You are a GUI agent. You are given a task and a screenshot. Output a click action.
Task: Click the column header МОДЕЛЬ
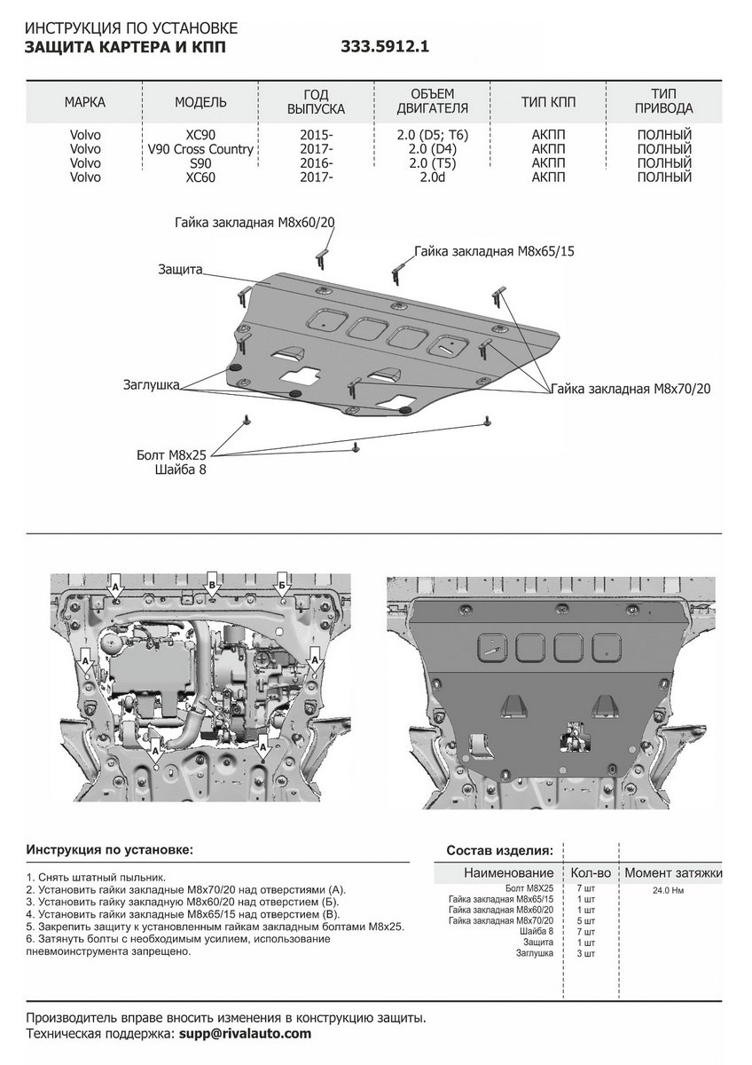[200, 102]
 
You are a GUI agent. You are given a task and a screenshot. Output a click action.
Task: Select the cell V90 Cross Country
[201, 149]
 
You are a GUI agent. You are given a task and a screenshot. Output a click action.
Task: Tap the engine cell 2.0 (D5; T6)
[433, 135]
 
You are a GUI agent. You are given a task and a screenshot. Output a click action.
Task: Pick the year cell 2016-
[317, 163]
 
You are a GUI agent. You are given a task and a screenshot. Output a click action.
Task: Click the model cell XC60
[200, 177]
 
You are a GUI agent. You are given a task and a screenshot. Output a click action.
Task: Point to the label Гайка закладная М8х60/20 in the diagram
[254, 223]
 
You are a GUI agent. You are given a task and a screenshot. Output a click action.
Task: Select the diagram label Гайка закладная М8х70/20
[631, 388]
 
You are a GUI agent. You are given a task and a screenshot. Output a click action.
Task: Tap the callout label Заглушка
[153, 385]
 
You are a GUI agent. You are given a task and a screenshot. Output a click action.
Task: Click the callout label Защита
[182, 268]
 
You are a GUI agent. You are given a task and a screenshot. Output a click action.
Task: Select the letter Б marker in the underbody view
[281, 585]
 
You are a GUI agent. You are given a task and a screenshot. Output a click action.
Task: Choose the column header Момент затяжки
[672, 872]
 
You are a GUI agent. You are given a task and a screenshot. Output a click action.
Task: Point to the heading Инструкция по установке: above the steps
[109, 849]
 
